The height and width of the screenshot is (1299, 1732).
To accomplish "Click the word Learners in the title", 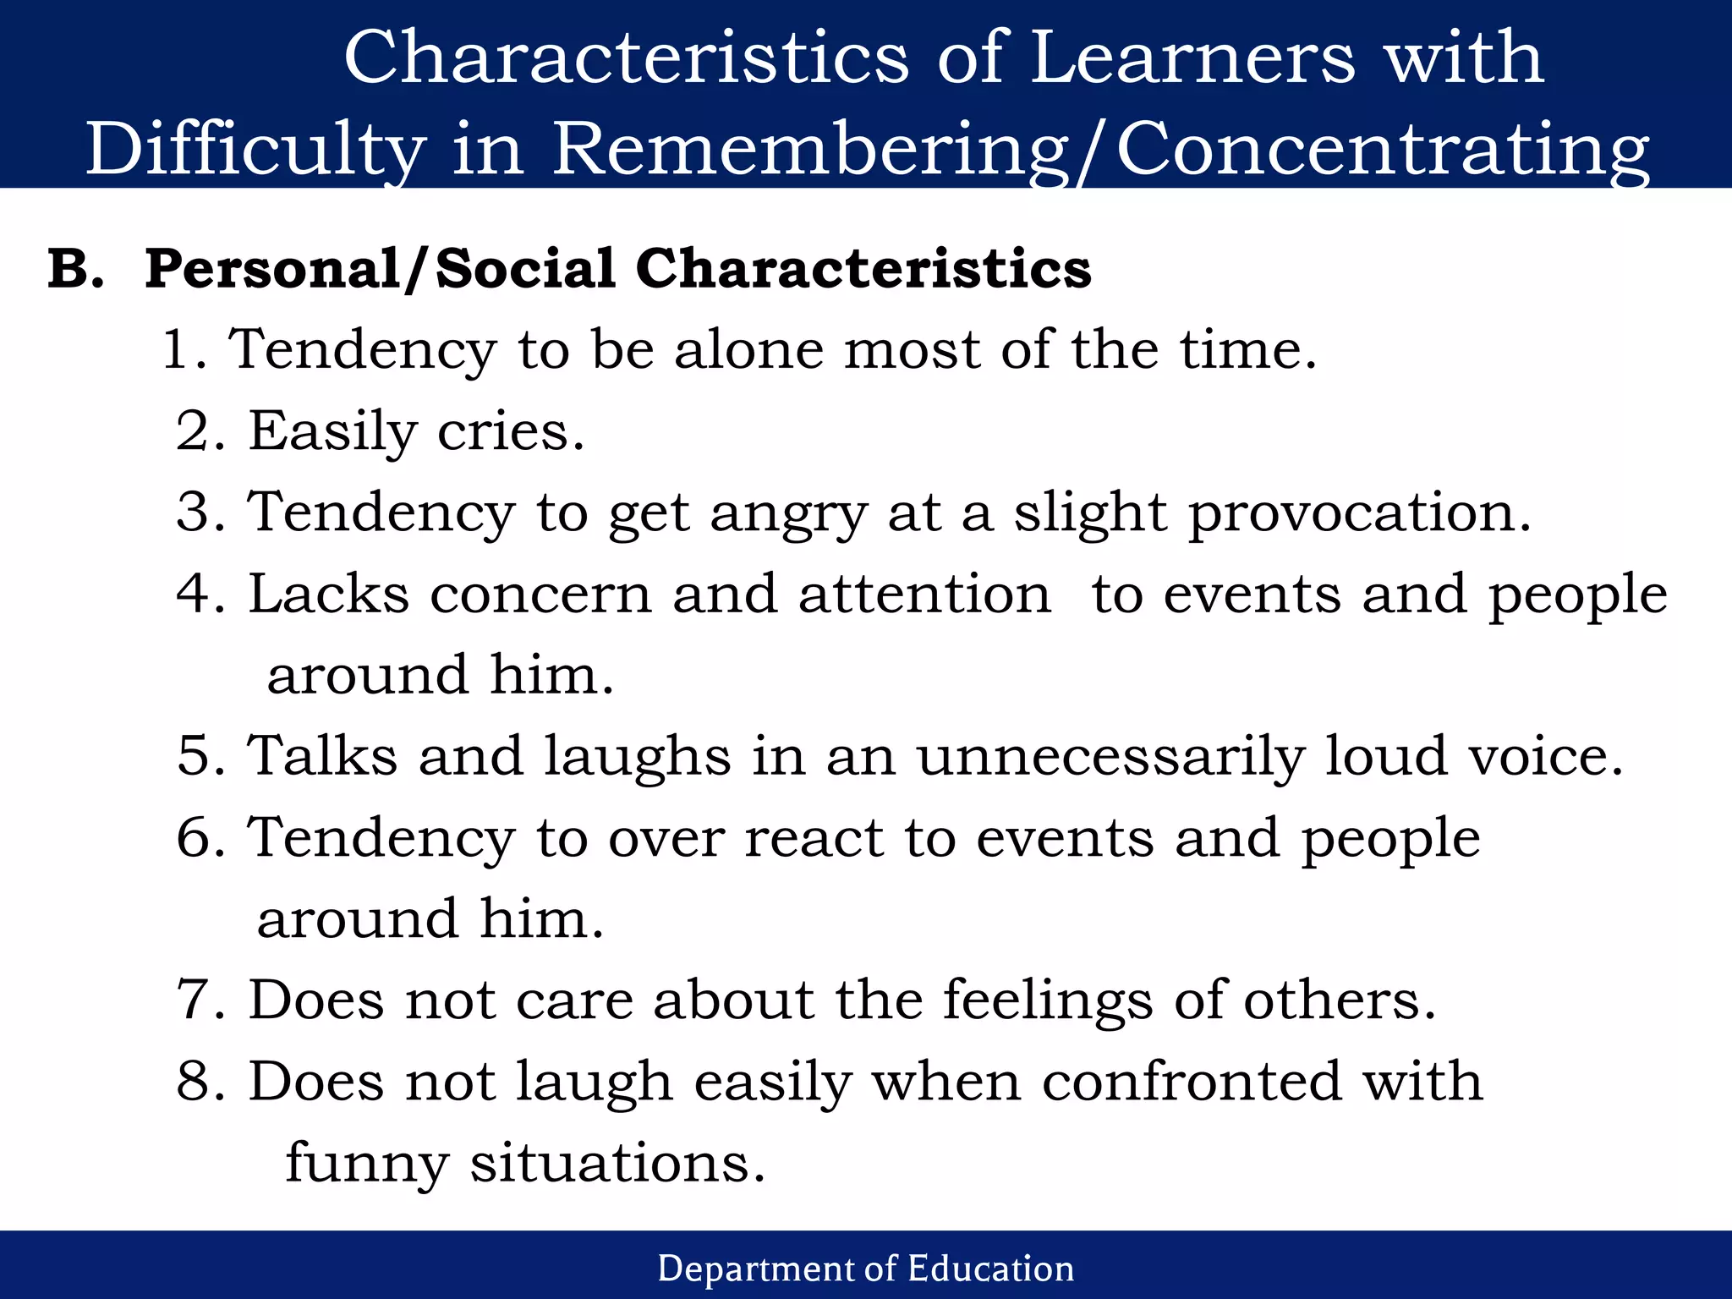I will click(x=1192, y=58).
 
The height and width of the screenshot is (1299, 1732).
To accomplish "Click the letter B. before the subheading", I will click(x=76, y=269).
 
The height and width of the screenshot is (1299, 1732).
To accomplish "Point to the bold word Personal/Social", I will click(x=381, y=269).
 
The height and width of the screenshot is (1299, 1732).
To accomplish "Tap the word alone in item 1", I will click(x=748, y=349).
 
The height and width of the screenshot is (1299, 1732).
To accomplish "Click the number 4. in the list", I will click(x=200, y=594).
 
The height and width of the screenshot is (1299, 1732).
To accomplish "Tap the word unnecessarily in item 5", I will click(x=1111, y=756).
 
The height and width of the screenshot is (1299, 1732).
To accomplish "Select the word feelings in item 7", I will click(x=1048, y=1000).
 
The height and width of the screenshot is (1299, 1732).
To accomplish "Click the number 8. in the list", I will click(x=200, y=1082).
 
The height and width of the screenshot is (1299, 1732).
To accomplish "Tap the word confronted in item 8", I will click(x=1192, y=1082).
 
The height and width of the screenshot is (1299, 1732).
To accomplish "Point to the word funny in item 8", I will click(x=367, y=1164).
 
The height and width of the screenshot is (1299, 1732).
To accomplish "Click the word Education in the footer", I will click(x=990, y=1269).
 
